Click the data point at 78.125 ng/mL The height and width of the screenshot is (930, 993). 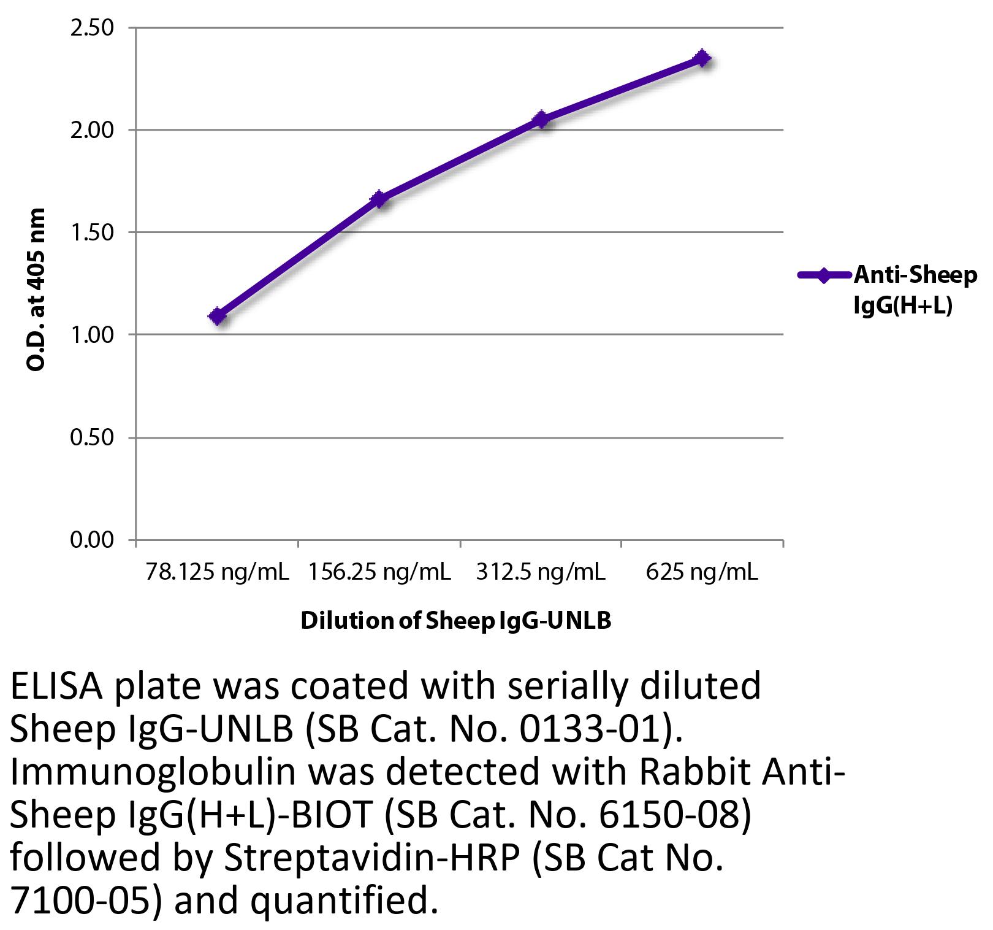[217, 317]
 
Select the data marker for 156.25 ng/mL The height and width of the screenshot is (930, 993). [379, 199]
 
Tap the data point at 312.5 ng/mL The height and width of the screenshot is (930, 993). [541, 119]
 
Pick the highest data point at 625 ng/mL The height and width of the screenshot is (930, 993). [702, 59]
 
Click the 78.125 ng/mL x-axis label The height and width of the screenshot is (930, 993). [217, 572]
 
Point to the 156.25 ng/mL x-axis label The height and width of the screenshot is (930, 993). [379, 572]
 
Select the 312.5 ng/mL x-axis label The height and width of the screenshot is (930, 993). [541, 572]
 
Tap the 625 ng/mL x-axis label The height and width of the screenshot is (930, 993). [702, 572]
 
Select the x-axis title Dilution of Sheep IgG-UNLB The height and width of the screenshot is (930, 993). [456, 621]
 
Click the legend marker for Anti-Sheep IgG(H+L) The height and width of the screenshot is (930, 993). [823, 275]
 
